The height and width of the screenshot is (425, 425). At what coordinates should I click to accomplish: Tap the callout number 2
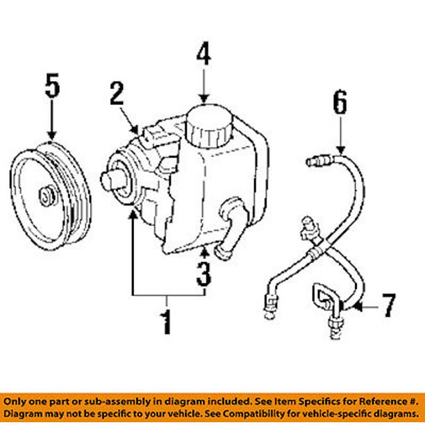117,94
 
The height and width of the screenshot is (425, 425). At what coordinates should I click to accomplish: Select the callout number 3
203,273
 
